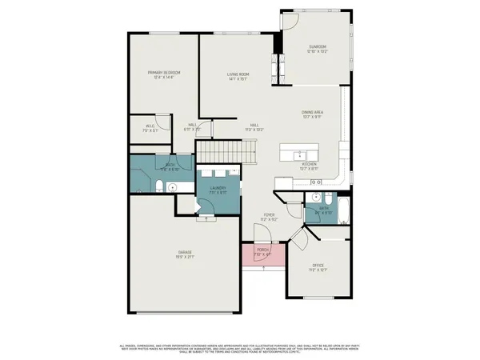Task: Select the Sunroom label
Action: [318, 48]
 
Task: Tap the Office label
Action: [318, 266]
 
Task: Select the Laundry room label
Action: [218, 189]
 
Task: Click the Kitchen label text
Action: [309, 166]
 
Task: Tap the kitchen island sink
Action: [301, 154]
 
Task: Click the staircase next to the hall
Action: [227, 150]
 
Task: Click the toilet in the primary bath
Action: [159, 187]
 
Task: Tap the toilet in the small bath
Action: [317, 198]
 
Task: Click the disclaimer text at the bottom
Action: [240, 348]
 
